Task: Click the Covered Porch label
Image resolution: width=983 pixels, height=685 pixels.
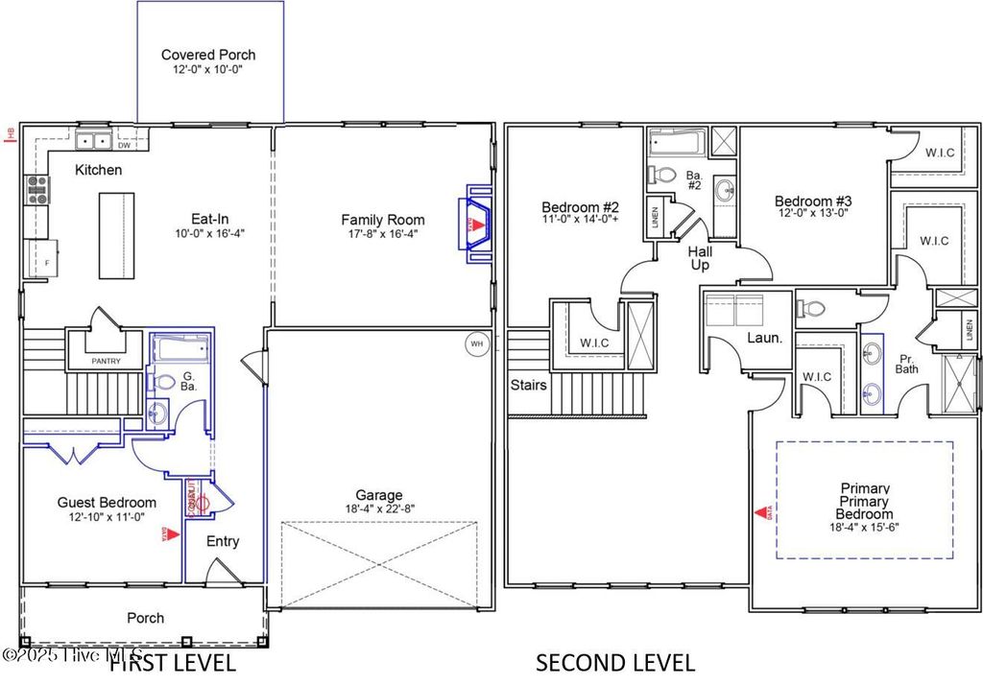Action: (208, 55)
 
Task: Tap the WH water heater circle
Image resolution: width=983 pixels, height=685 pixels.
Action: (476, 343)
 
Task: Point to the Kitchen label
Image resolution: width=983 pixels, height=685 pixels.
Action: (99, 170)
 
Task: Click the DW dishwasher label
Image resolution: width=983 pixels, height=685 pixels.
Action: (125, 146)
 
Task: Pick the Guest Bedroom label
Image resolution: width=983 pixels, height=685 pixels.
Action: (107, 502)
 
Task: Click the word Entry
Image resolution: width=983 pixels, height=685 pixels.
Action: (223, 541)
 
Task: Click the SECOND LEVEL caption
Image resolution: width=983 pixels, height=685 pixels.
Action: (615, 662)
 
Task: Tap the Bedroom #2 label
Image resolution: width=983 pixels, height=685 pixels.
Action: (581, 206)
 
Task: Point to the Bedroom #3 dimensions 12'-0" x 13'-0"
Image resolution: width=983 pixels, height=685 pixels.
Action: (813, 214)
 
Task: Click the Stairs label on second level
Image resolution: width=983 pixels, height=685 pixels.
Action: (529, 386)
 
